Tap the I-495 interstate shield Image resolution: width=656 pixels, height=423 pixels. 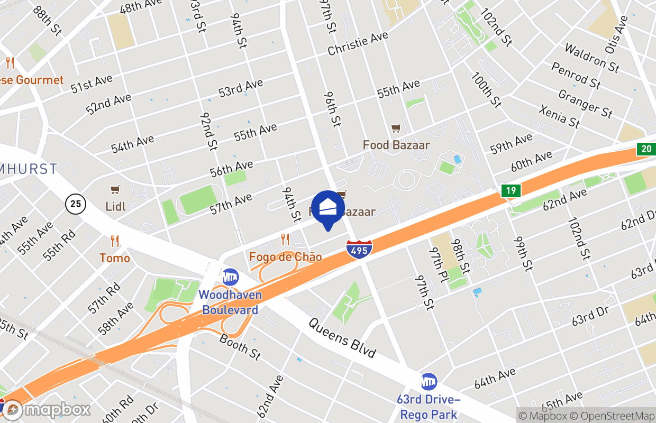tap(360, 249)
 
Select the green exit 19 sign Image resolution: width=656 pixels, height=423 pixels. tap(511, 191)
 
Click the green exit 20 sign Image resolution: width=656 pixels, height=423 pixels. tap(645, 149)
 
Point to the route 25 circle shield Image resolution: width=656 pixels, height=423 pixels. tap(76, 204)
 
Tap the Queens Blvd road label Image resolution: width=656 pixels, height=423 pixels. tap(342, 337)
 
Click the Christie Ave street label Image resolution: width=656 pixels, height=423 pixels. tap(358, 43)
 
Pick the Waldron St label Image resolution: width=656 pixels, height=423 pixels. tap(591, 58)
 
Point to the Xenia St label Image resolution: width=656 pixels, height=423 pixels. tap(559, 116)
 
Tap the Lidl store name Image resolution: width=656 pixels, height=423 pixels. tap(115, 206)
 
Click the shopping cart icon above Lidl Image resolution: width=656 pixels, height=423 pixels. tap(115, 189)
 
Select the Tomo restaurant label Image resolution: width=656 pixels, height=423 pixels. tap(115, 258)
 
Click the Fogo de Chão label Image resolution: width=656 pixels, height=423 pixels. tap(285, 257)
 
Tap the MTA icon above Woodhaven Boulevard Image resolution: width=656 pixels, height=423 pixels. tap(230, 277)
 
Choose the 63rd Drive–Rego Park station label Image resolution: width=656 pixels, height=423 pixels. tap(429, 407)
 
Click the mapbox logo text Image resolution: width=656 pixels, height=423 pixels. tap(57, 410)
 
